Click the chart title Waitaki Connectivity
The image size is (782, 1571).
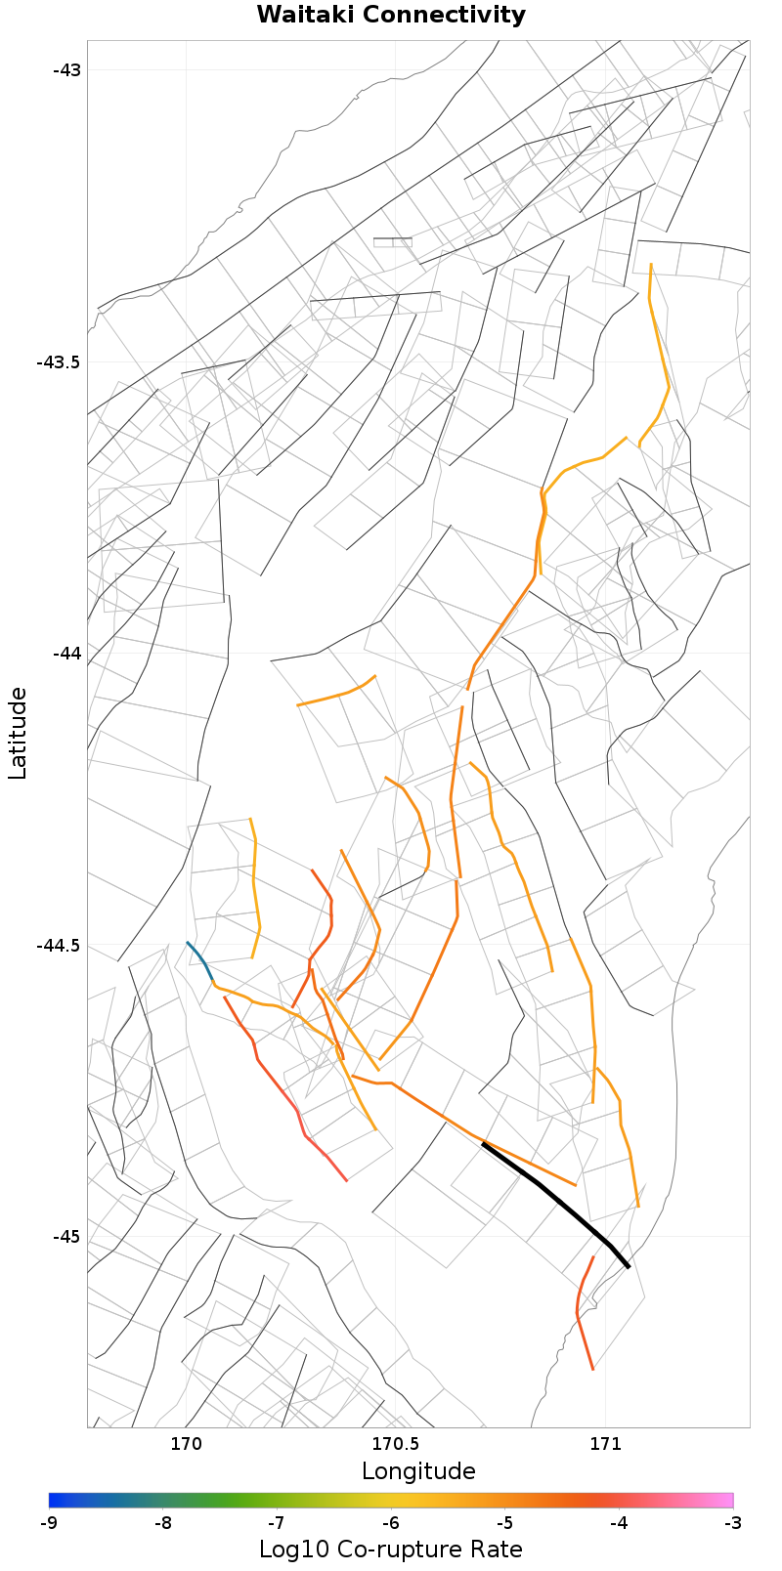click(x=391, y=16)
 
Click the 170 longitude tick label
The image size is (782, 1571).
click(x=186, y=1444)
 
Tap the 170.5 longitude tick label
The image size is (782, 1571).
click(x=395, y=1444)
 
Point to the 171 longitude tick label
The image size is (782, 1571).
click(x=605, y=1444)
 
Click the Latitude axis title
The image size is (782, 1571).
click(x=18, y=733)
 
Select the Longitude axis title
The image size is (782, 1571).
click(x=418, y=1471)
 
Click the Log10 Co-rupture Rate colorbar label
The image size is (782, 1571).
click(x=391, y=1550)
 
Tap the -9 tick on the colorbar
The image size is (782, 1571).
click(x=49, y=1523)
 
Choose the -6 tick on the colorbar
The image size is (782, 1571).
click(x=391, y=1523)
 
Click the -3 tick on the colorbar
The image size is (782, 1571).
click(x=732, y=1523)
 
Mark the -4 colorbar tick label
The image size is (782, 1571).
click(x=619, y=1523)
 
